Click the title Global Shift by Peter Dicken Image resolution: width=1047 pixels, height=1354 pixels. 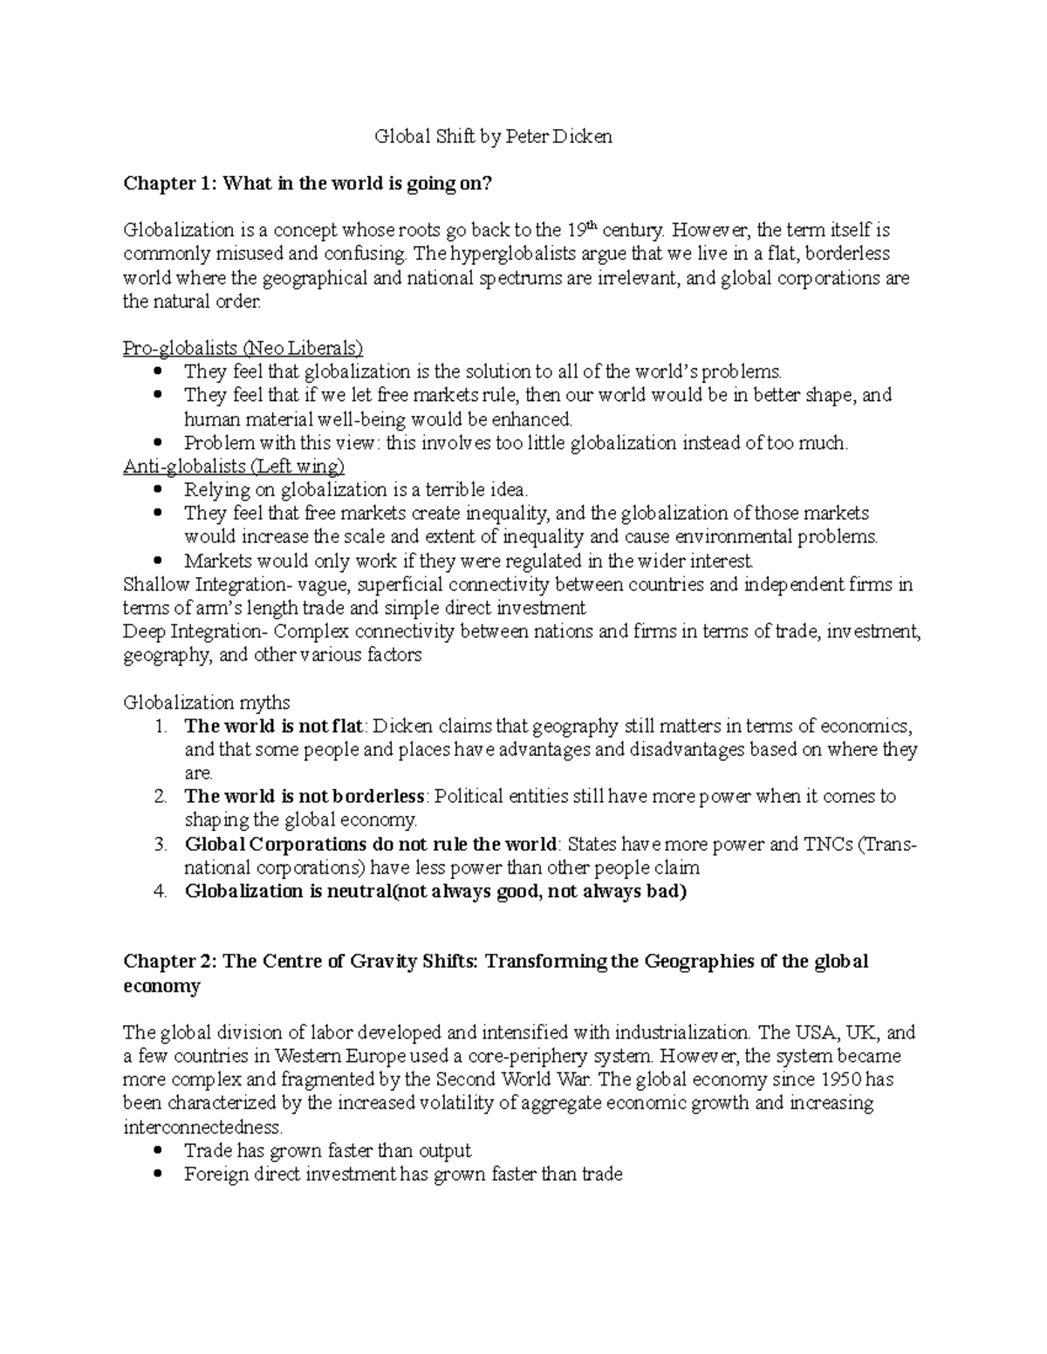pos(493,137)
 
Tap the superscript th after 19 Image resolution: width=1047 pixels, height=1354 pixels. pos(592,227)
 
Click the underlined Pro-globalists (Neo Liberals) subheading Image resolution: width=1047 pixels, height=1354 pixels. pos(243,349)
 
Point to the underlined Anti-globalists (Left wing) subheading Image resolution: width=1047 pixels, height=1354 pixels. pos(234,466)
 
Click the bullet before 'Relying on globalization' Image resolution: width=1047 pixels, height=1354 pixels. pos(158,490)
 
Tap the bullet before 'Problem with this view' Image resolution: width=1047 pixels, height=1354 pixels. pos(158,443)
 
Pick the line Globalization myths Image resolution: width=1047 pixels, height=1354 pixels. pos(207,702)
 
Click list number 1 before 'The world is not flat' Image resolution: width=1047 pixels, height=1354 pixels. pos(158,726)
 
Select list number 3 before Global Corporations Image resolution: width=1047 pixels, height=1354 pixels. pos(159,844)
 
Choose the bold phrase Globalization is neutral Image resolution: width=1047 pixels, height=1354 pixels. pos(286,892)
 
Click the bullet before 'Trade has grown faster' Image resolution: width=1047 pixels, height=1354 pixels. pos(158,1151)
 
